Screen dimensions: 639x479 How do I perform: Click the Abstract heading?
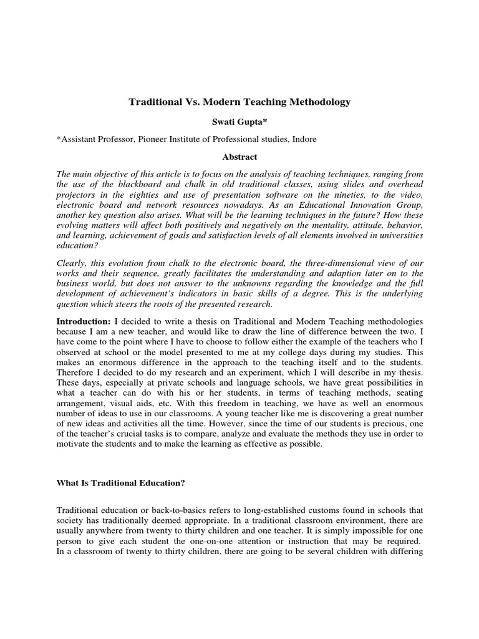pos(239,157)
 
